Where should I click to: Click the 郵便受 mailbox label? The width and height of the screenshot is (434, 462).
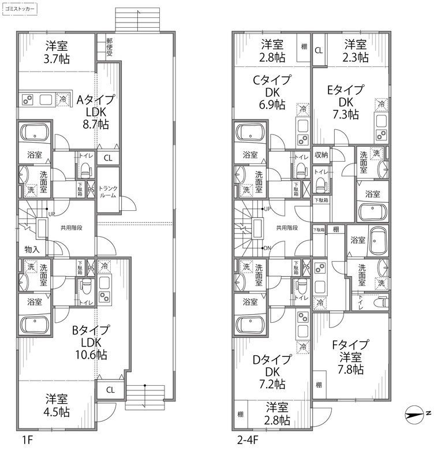pos(109,47)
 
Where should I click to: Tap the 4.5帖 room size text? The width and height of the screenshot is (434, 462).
pos(58,412)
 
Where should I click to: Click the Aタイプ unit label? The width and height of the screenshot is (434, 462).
pos(96,99)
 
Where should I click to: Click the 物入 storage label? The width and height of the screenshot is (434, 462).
pos(32,249)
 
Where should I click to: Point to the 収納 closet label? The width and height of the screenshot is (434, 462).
pos(321,154)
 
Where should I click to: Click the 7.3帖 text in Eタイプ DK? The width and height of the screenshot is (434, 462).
pos(346,114)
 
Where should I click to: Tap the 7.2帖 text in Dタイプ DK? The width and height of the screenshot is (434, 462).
pos(271,383)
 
